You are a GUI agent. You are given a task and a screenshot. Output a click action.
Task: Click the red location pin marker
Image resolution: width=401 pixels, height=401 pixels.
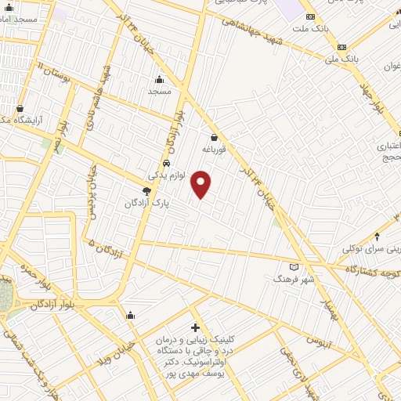[x=201, y=184]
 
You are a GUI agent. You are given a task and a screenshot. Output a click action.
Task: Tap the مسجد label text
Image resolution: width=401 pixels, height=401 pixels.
[x=160, y=91]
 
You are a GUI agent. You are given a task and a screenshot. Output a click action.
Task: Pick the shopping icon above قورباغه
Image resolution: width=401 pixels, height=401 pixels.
[x=213, y=136]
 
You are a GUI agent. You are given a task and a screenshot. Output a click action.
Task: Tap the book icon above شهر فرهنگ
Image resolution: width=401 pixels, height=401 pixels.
[x=294, y=266]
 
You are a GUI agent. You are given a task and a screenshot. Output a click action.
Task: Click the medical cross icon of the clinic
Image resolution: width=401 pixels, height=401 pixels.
[x=195, y=327]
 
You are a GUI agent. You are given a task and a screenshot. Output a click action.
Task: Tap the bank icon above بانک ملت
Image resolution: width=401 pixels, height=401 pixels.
[x=311, y=16]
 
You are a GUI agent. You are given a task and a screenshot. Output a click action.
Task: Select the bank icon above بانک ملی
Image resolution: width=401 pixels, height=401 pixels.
[x=341, y=47]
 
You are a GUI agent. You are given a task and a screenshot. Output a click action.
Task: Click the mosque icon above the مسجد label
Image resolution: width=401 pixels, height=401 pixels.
[x=160, y=79]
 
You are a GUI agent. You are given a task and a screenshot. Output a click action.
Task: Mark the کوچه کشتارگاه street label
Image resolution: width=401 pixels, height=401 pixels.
[x=373, y=268]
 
